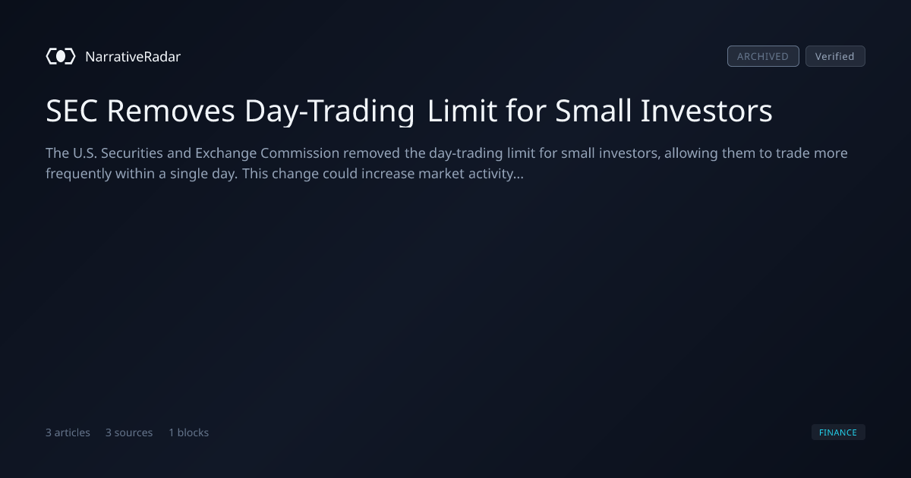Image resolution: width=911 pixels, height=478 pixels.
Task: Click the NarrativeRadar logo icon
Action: pos(61,56)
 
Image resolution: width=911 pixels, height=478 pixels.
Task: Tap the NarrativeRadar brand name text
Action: pos(133,56)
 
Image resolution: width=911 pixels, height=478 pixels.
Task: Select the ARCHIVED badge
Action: pos(763,56)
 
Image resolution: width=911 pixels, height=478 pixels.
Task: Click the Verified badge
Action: pos(835,56)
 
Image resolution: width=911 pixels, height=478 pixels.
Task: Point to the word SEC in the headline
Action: pos(71,111)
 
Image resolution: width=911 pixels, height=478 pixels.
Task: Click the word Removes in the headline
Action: pos(171,111)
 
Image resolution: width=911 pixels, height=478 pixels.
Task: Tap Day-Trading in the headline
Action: pos(329,112)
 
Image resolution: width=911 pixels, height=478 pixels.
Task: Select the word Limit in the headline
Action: pos(462,111)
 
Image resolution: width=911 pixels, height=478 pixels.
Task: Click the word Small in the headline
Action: pos(594,111)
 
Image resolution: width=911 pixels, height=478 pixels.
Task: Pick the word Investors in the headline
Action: pos(707,111)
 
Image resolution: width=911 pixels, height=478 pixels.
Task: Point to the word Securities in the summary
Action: pos(132,153)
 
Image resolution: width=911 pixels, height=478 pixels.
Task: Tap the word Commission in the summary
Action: pos(300,153)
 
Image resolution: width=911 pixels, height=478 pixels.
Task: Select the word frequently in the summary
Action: pos(78,174)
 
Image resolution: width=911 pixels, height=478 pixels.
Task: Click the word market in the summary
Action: pos(441,174)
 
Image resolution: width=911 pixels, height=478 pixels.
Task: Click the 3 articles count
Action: pos(68,432)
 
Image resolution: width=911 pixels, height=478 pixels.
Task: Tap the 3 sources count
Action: pos(129,432)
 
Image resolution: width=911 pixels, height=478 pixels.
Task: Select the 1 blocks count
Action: pos(189,432)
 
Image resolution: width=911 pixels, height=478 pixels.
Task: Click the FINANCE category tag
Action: pos(838,432)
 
